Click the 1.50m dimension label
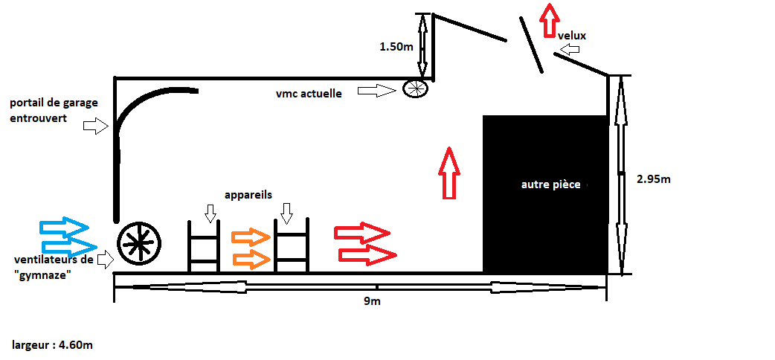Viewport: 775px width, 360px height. coord(396,46)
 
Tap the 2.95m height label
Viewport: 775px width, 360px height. coord(655,179)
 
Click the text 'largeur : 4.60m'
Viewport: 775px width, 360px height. coord(52,345)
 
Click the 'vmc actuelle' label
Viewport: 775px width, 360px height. coord(309,94)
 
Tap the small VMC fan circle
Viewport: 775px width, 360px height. coord(416,89)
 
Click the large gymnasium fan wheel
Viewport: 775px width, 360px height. coord(139,243)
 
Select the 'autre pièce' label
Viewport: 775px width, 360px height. coord(550,184)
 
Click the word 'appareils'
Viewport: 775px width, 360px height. coord(248,195)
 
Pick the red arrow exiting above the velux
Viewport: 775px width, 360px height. coord(549,19)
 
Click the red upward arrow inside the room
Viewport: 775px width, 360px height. coord(447,173)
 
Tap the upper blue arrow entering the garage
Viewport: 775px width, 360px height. coord(63,225)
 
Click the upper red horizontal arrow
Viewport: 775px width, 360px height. coord(361,232)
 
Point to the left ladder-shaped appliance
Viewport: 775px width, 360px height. coord(203,246)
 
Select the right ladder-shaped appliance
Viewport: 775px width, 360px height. coord(292,246)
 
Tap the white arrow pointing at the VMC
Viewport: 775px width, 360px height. coord(376,91)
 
